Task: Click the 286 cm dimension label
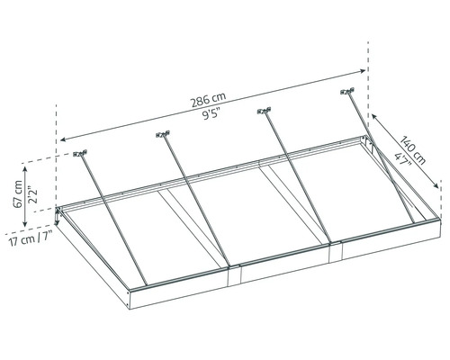point(209,100)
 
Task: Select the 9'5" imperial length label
point(211,114)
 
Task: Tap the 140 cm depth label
point(414,150)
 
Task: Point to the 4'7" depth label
point(402,160)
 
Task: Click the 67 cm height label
point(18,193)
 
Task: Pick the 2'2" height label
point(32,195)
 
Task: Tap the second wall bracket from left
point(163,134)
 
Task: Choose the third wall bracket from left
point(265,111)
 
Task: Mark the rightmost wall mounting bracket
point(347,91)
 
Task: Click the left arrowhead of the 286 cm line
point(63,139)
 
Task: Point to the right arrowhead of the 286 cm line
point(363,71)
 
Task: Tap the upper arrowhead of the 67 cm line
point(25,169)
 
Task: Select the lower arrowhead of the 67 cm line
point(25,223)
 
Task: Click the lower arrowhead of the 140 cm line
point(436,185)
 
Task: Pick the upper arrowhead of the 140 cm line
point(374,117)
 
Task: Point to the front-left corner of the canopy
point(130,292)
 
